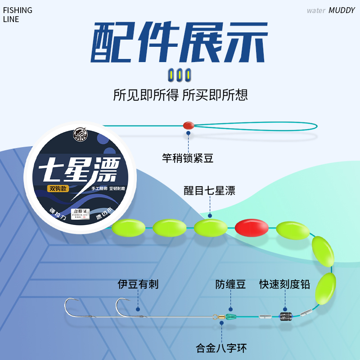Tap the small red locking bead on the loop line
188,126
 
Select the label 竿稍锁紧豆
188,158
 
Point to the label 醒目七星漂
210,190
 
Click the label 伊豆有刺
138,284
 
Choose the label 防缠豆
230,284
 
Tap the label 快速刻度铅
284,284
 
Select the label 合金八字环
221,348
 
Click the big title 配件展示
180,43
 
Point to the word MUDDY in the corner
342,10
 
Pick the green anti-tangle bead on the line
230,316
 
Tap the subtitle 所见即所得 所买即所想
180,95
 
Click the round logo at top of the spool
80,135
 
